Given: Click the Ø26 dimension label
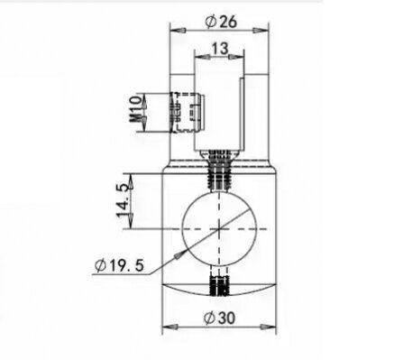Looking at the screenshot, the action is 221,22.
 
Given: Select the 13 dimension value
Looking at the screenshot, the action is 220,48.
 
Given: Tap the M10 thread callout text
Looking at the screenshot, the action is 135,109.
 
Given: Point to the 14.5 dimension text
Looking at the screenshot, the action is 124,201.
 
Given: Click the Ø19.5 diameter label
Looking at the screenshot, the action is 119,265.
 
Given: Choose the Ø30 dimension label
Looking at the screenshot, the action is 219,318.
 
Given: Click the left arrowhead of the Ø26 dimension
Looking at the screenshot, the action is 178,31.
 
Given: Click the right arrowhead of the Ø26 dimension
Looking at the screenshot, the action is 261,31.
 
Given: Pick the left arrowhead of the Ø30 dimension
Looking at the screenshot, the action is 170,327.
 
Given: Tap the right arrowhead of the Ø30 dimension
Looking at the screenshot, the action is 268,327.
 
